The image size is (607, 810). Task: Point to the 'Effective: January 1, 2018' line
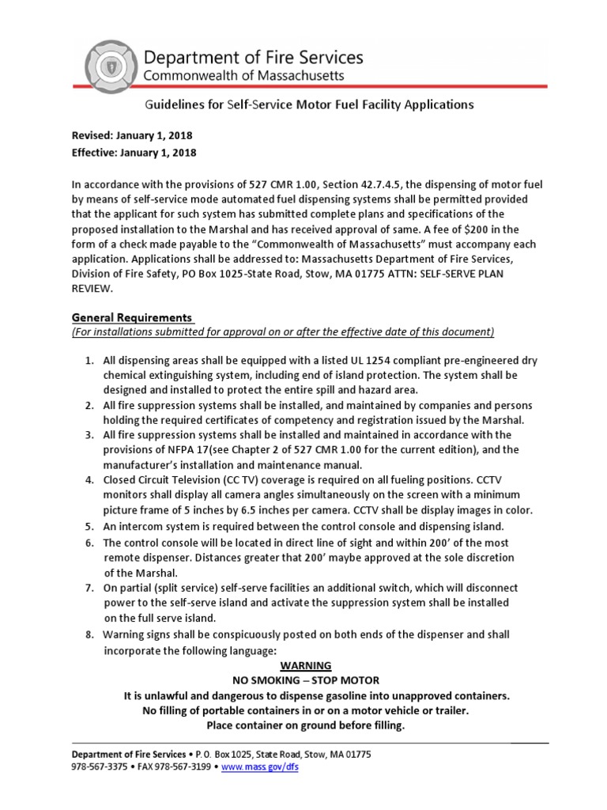pyautogui.click(x=134, y=153)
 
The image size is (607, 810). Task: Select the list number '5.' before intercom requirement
pyautogui.click(x=89, y=527)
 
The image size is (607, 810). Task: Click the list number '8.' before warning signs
pyautogui.click(x=89, y=635)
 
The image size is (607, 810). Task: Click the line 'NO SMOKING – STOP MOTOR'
pyautogui.click(x=305, y=681)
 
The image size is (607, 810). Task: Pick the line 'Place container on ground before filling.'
pyautogui.click(x=305, y=725)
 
